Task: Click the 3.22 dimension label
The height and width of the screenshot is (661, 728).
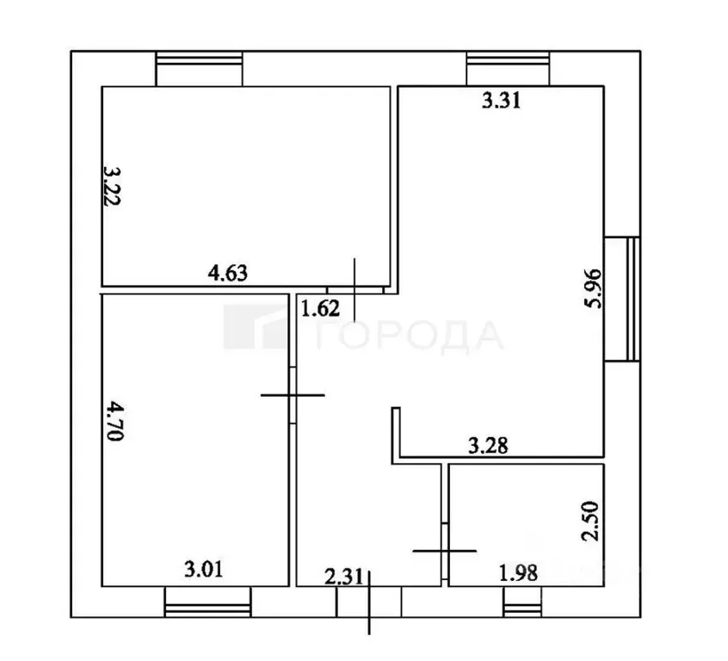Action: (x=111, y=186)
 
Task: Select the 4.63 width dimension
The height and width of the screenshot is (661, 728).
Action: (x=228, y=275)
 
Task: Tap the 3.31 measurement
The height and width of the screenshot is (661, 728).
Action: (x=502, y=102)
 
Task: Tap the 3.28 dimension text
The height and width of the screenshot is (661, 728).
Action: (x=486, y=446)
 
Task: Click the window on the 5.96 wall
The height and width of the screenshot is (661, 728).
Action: (x=620, y=299)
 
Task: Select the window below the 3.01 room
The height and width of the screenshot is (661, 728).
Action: (x=207, y=603)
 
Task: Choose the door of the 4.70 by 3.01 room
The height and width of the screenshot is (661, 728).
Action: (x=293, y=394)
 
